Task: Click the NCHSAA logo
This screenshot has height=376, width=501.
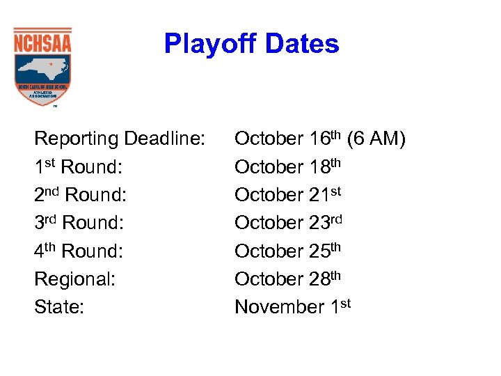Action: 42,66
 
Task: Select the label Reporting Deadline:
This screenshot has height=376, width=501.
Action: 120,139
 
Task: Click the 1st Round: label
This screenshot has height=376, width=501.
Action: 79,167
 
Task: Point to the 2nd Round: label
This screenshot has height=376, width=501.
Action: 81,195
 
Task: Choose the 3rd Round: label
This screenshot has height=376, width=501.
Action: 79,223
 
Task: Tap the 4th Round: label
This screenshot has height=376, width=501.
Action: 79,251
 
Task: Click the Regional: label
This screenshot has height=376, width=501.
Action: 74,279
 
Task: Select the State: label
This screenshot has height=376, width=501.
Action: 59,307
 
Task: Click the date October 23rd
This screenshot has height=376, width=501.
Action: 289,223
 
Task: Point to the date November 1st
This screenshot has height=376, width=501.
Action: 293,307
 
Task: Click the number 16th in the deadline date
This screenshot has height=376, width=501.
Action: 325,139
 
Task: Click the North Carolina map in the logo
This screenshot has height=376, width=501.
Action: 42,67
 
